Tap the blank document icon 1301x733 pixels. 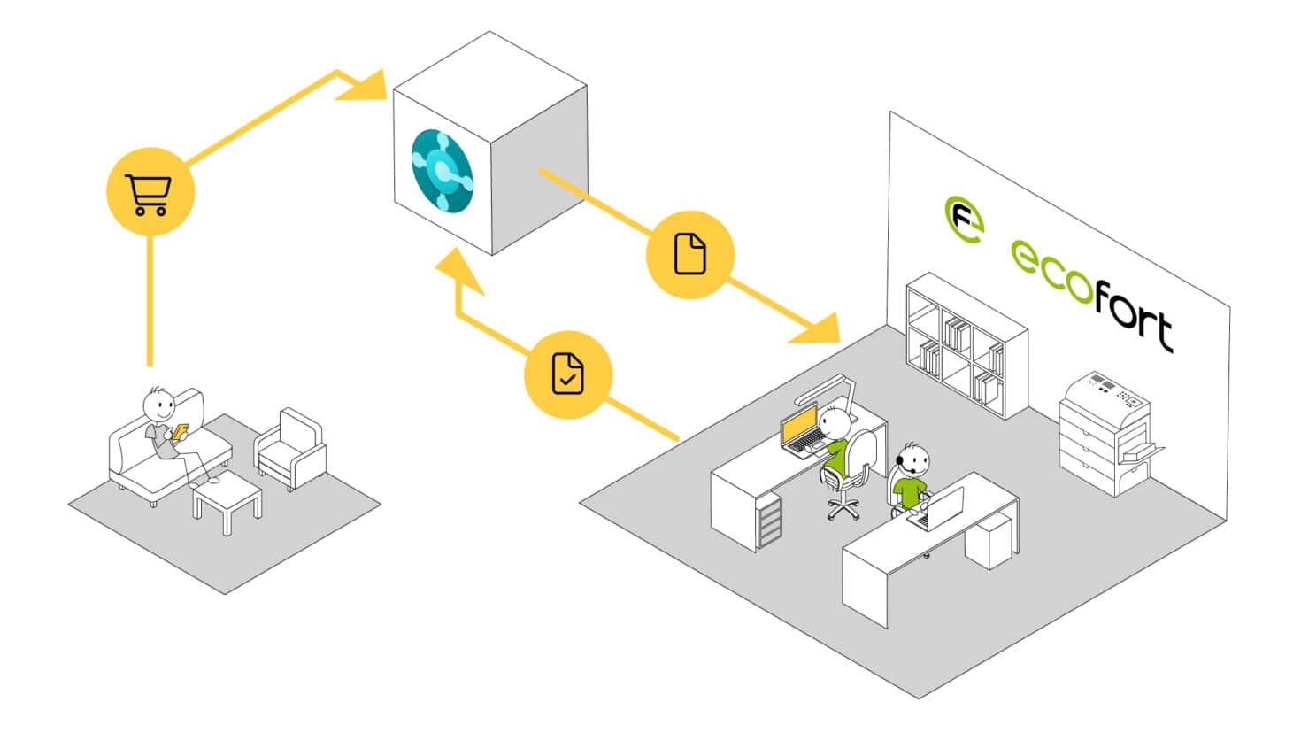690,254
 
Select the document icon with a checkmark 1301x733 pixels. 567,374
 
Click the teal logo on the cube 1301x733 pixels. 442,171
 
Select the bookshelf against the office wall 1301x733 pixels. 966,345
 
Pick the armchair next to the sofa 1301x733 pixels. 289,449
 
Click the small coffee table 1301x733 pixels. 227,501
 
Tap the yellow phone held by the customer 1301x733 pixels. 180,431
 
